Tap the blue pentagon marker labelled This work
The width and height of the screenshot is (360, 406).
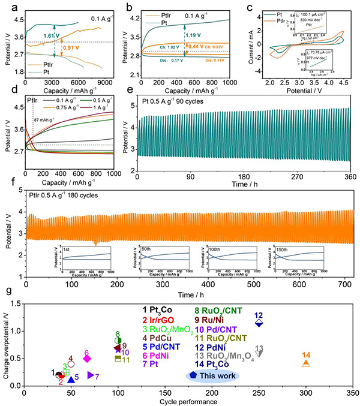(193, 374)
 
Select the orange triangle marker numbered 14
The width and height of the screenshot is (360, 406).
(306, 363)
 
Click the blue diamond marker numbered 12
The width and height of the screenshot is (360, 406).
(259, 323)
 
